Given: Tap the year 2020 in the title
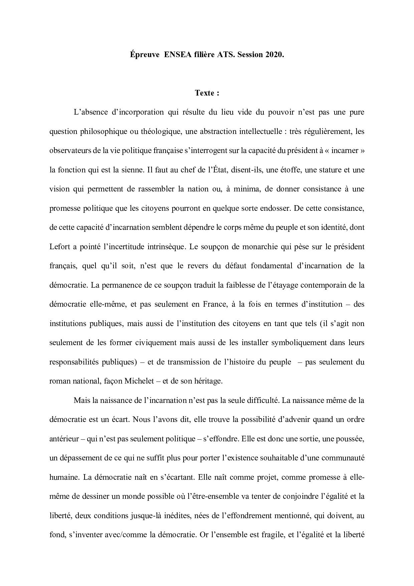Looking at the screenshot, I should (275, 55).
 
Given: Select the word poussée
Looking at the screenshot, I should (350, 439).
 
